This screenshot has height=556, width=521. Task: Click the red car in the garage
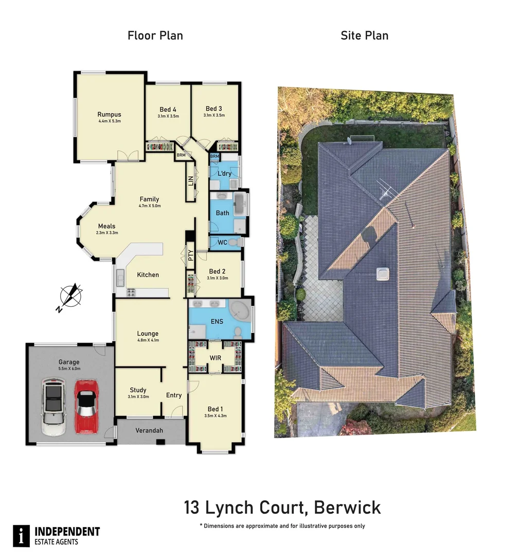coord(86,407)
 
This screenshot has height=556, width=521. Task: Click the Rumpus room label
coord(109,114)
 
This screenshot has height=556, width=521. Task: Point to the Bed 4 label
coord(168,110)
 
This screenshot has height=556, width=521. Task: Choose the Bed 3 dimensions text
coord(214,115)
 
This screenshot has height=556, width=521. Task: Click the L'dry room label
coord(224,173)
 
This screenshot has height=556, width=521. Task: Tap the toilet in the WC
coord(234,242)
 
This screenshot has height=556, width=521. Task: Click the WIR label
coord(215,358)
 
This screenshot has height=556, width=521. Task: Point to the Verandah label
coord(149,430)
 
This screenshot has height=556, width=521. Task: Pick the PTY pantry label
coord(190,255)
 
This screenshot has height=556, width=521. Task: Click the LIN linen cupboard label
coord(191,181)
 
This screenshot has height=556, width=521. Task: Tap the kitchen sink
coord(120,277)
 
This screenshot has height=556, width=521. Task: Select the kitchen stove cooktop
coord(131,293)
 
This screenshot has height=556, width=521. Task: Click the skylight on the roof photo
coord(383,274)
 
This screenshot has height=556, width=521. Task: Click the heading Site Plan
coord(365,36)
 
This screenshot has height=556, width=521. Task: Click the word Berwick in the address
coord(347,508)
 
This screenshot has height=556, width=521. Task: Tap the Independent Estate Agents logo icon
coord(21,536)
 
